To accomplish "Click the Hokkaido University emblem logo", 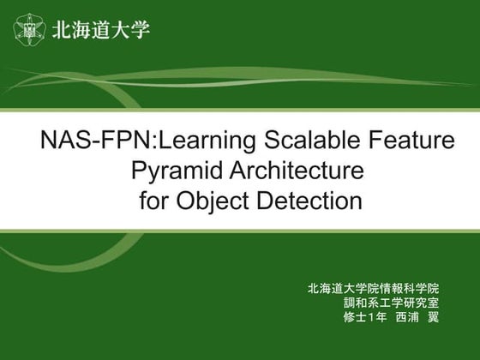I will (30, 30).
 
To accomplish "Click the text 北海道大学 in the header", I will (101, 30).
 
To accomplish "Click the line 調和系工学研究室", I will (391, 303).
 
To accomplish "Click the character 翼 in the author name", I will (433, 317).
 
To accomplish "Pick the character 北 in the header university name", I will (62, 30).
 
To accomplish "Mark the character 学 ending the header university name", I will (141, 30).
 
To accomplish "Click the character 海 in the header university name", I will (81, 30).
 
